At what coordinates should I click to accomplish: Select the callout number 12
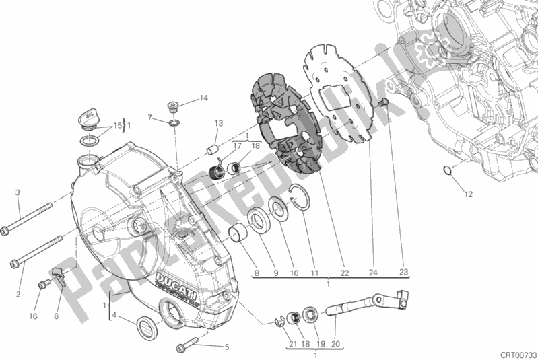tap(468, 195)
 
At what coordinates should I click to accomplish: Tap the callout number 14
tap(203, 98)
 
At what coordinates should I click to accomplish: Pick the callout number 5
tap(226, 347)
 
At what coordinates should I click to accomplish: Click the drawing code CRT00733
tap(518, 352)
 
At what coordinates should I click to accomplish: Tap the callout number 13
tap(219, 123)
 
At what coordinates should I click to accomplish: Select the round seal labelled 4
tap(145, 328)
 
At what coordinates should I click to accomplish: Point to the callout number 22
tap(344, 273)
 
